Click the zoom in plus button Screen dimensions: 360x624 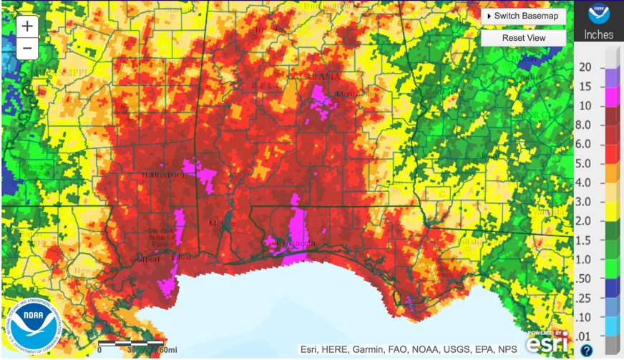[27, 26]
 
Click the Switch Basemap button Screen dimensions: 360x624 [523, 16]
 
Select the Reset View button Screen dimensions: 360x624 [523, 38]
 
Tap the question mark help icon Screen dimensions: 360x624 [587, 350]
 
